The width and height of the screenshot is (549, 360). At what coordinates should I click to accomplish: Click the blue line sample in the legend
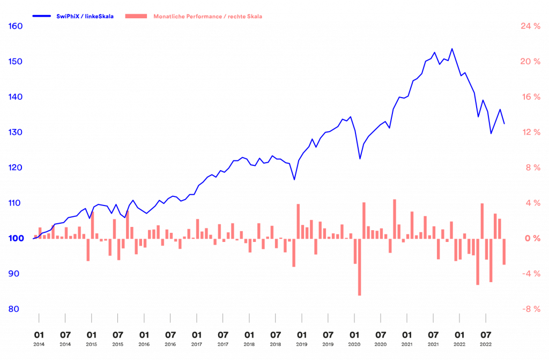[x=42, y=17]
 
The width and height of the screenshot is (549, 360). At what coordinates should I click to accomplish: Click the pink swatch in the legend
[x=136, y=17]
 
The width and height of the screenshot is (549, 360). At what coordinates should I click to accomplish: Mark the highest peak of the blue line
[x=452, y=49]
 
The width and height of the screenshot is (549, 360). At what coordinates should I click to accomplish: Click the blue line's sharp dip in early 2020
[x=360, y=158]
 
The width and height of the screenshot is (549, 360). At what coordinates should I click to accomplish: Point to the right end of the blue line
[x=504, y=123]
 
